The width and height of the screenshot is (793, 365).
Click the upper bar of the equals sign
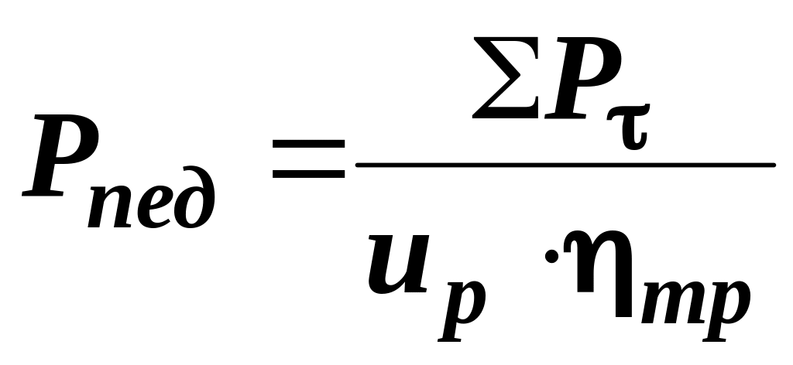pyautogui.click(x=308, y=144)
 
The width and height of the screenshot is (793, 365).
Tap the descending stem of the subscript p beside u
pyautogui.click(x=449, y=329)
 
